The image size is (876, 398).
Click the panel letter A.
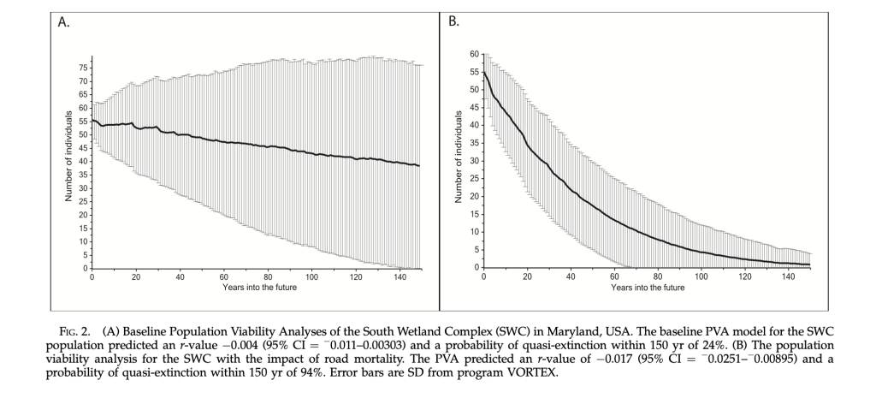(x=64, y=22)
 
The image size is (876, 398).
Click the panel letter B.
(x=454, y=22)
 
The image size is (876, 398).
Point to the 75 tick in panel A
(x=84, y=67)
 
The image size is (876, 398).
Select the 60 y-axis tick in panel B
(x=474, y=53)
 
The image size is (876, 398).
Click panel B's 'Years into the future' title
(x=648, y=287)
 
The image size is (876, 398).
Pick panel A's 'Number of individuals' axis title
(x=68, y=162)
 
